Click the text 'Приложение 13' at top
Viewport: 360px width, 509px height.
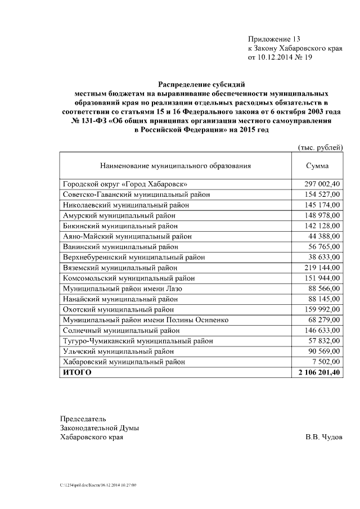coord(274,39)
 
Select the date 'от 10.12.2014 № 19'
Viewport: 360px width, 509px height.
coord(280,57)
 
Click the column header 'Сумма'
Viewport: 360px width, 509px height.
coord(317,166)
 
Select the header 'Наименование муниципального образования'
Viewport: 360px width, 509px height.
coord(175,166)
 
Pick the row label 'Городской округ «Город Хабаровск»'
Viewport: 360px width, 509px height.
coord(125,184)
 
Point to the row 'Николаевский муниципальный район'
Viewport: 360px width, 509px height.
coord(125,205)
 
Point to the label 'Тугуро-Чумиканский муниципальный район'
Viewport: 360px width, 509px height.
coord(138,341)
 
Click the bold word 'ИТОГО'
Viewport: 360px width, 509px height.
coord(77,372)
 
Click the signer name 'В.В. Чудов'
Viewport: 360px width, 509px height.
coord(323,437)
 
